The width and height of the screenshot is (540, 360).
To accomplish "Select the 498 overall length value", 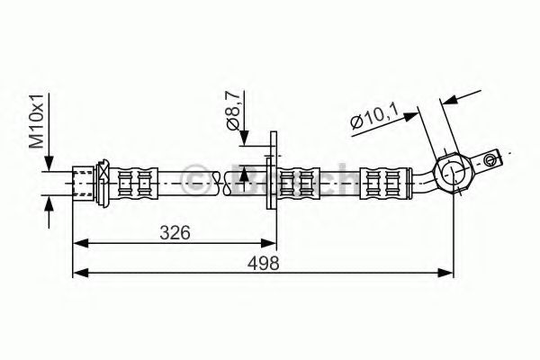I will pyautogui.click(x=264, y=264).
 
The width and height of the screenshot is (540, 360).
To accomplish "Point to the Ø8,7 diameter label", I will pyautogui.click(x=232, y=112).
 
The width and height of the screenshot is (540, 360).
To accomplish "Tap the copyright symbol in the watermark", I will pyautogui.click(x=195, y=177).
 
